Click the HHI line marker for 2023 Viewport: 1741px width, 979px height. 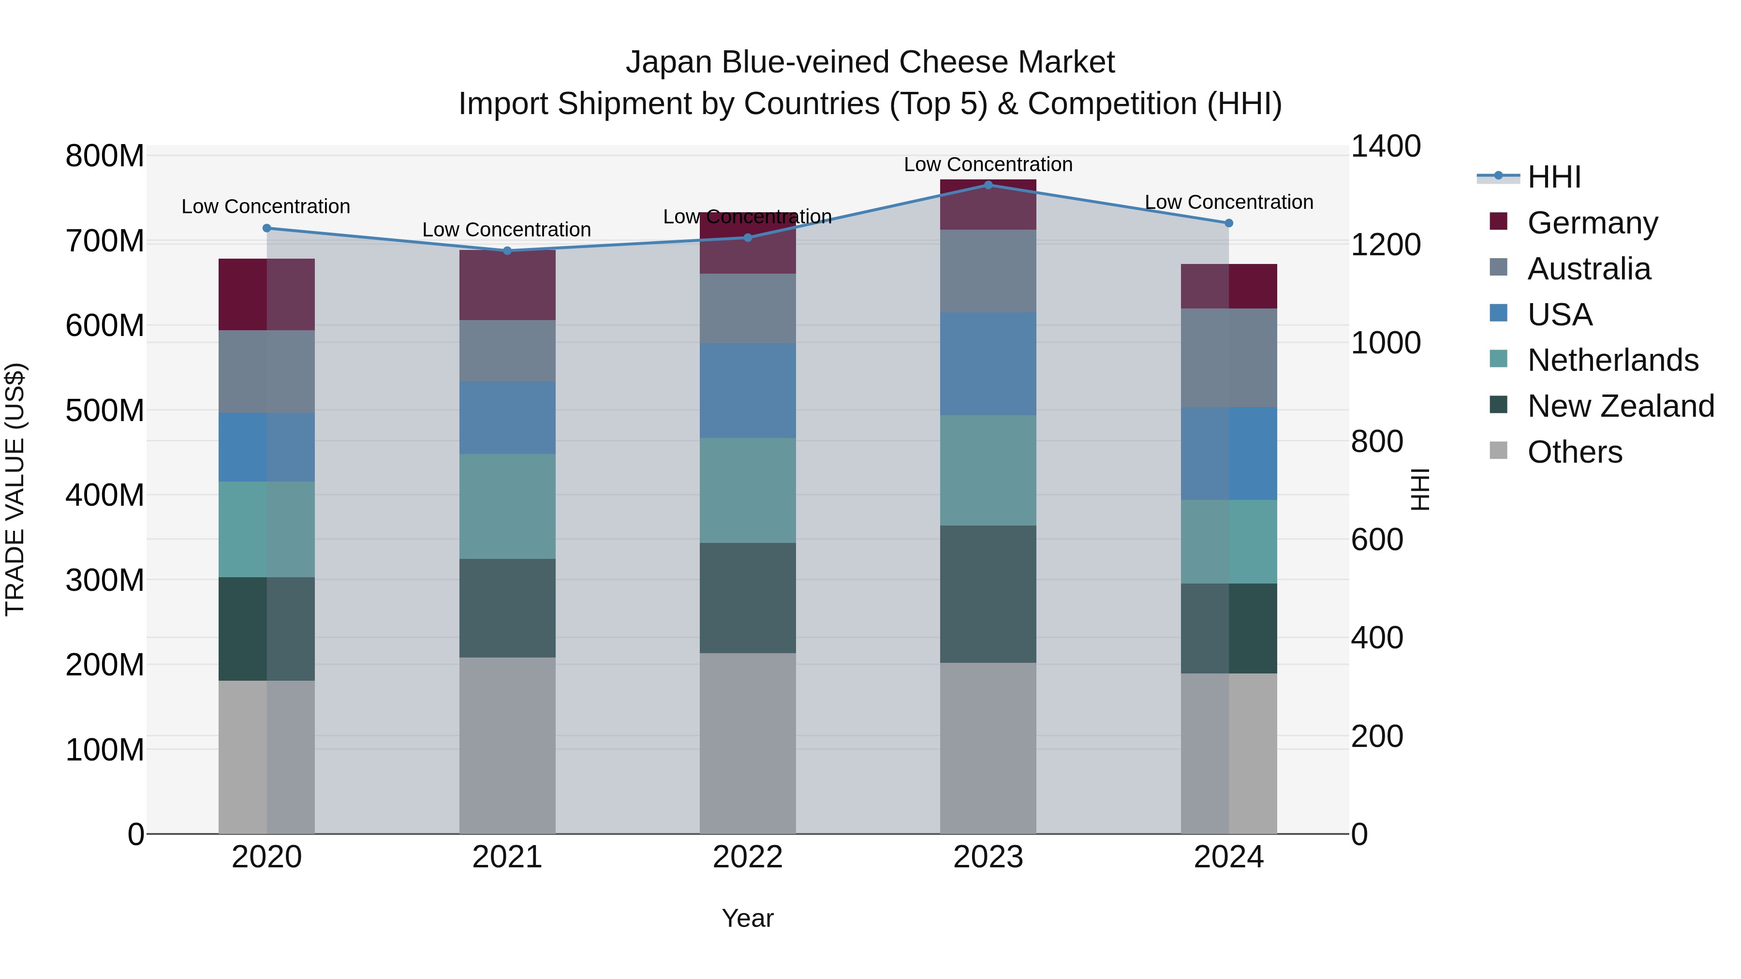(x=988, y=185)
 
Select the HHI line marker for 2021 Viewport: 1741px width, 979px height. (x=507, y=250)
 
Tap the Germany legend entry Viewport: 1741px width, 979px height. (x=1592, y=222)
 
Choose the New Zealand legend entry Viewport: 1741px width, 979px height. (x=1620, y=406)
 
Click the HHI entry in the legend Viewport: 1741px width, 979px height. (x=1553, y=177)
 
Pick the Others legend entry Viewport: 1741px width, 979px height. (x=1574, y=452)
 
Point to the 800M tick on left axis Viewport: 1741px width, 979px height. (x=105, y=156)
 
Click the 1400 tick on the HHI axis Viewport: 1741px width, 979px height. (x=1386, y=146)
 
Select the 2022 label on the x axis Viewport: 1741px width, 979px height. (x=748, y=857)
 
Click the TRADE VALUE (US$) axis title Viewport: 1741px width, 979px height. (x=15, y=489)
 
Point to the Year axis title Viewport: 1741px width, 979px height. (x=748, y=918)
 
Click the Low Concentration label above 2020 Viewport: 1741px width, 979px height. (x=266, y=207)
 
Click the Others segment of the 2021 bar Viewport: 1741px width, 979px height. (x=507, y=745)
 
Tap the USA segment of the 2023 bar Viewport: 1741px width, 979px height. (x=988, y=364)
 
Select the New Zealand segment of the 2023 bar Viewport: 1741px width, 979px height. (x=988, y=593)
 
